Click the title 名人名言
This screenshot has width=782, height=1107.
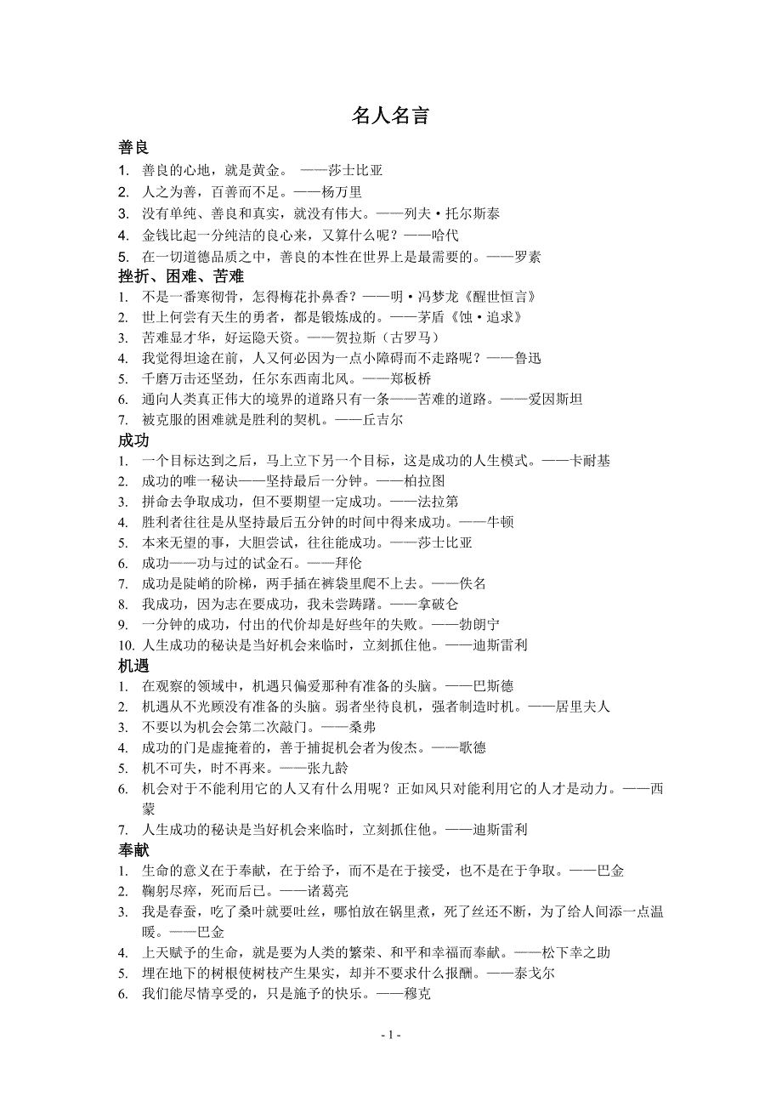pos(390,116)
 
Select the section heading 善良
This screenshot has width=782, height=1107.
pos(134,148)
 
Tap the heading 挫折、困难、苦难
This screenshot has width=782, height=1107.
pos(181,276)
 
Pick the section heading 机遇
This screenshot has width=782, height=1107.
pos(134,666)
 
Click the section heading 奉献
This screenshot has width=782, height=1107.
pos(134,849)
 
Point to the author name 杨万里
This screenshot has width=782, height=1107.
pos(343,193)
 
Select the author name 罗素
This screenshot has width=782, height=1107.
pos(528,256)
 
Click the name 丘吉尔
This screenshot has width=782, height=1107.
pos(383,420)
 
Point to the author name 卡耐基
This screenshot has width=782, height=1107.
pos(589,461)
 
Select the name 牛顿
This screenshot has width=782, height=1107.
pos(500,522)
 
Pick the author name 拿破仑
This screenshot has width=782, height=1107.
pos(438,605)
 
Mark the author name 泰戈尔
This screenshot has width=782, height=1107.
pos(535,974)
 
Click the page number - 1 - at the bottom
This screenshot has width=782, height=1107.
pos(390,1035)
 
